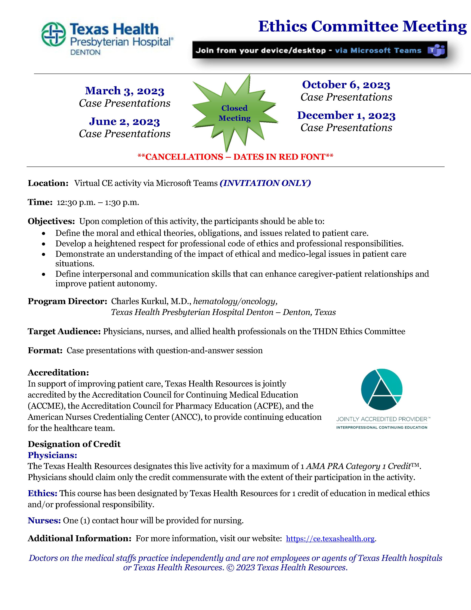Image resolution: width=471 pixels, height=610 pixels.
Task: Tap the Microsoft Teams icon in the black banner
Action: tap(436, 50)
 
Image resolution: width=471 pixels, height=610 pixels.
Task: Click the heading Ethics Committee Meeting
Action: tap(362, 27)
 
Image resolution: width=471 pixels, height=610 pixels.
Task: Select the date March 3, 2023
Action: tap(124, 91)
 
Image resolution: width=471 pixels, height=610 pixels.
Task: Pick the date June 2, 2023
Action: tap(124, 121)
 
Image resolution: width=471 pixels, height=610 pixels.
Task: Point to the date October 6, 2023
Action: tap(346, 85)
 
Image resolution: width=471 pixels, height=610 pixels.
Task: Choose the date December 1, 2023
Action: tap(346, 115)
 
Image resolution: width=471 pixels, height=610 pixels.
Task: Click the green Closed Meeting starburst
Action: tap(234, 113)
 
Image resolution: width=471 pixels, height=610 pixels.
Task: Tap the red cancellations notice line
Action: tap(235, 157)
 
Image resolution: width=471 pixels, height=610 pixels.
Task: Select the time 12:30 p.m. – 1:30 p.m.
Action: tap(98, 202)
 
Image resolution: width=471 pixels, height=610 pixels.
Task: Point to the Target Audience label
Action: tap(64, 332)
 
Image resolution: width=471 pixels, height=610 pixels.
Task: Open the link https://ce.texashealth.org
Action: tap(330, 538)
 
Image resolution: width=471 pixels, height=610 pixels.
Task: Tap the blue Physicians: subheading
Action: tap(52, 455)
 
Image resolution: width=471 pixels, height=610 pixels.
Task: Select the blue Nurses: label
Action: tap(44, 520)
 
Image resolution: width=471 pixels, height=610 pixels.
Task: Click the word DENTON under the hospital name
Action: tap(85, 52)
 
